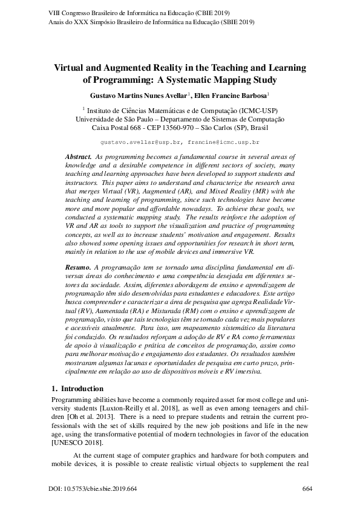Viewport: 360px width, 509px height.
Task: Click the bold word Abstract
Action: pos(78,157)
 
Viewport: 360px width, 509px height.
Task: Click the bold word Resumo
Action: pos(77,266)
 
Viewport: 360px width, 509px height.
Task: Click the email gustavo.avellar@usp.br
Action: pos(140,143)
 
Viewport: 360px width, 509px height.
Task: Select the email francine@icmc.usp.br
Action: pos(223,143)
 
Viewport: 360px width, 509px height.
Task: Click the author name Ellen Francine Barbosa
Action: pos(230,96)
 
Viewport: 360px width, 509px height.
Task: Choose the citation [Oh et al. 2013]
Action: pos(93,417)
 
